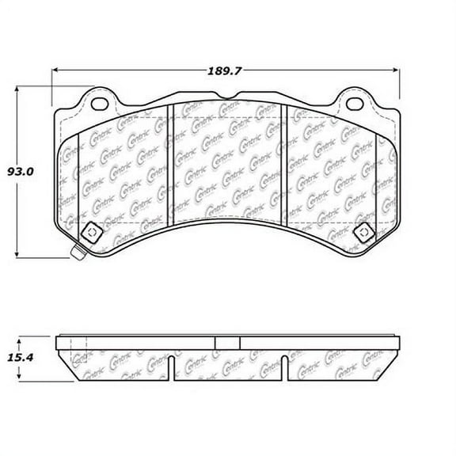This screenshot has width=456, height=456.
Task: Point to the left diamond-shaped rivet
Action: pyautogui.click(x=89, y=232)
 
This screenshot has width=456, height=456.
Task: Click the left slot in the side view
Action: pyautogui.click(x=171, y=365)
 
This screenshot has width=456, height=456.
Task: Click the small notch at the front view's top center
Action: pyautogui.click(x=226, y=99)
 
